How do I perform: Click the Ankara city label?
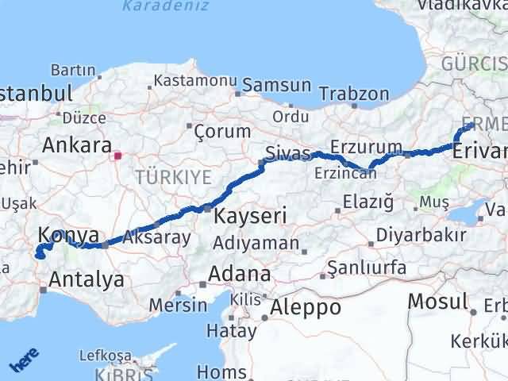[x=76, y=145]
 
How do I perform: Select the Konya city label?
[x=68, y=235]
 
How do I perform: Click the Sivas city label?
[x=285, y=152]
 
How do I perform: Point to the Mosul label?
[x=437, y=302]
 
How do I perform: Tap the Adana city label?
[x=238, y=275]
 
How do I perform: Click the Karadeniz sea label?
[x=166, y=6]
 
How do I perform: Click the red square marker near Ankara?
[x=118, y=156]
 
